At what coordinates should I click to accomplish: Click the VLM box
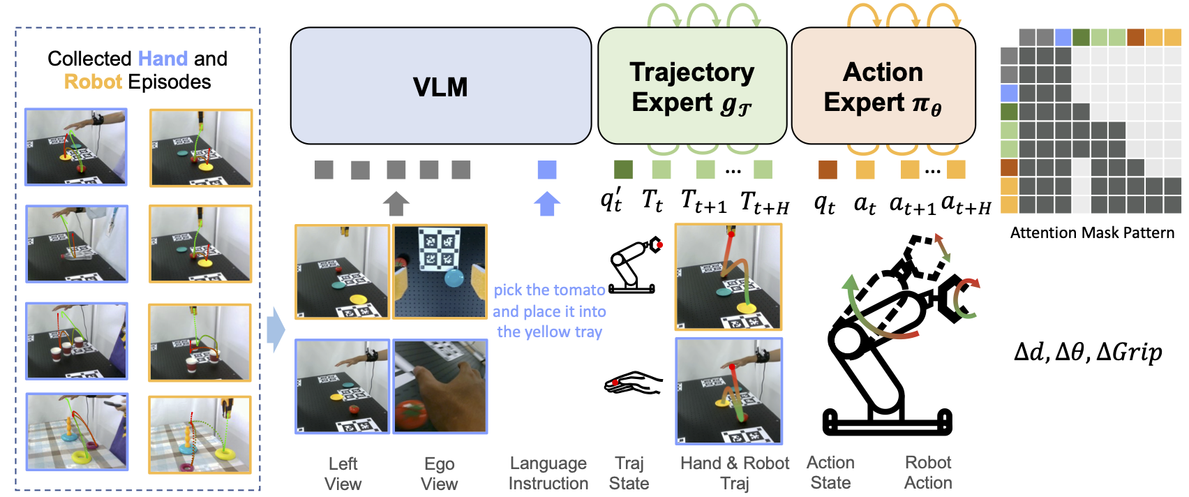coord(440,86)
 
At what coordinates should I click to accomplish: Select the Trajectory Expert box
coord(692,86)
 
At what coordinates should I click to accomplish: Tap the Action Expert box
coord(883,86)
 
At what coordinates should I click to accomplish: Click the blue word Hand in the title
coord(163,59)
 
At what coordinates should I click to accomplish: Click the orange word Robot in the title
coord(93,82)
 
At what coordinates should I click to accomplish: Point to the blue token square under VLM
coord(547,170)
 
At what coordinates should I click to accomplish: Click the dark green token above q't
coord(623,170)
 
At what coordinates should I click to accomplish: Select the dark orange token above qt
coord(828,170)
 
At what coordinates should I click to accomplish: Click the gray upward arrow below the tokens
coord(396,203)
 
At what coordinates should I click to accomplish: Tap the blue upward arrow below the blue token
coord(547,203)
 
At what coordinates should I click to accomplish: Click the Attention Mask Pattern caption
coord(1092,233)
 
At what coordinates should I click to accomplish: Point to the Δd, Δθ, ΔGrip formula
coord(1088,352)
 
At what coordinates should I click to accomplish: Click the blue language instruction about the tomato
coord(549,311)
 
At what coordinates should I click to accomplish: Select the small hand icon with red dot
coord(633,383)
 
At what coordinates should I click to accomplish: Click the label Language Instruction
coord(548,473)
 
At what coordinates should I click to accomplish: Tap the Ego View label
coord(440,473)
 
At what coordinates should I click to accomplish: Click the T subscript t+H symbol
coord(764,203)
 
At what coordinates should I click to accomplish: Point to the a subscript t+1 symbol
coord(912,205)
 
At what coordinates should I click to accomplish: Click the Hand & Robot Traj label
coord(735,473)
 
